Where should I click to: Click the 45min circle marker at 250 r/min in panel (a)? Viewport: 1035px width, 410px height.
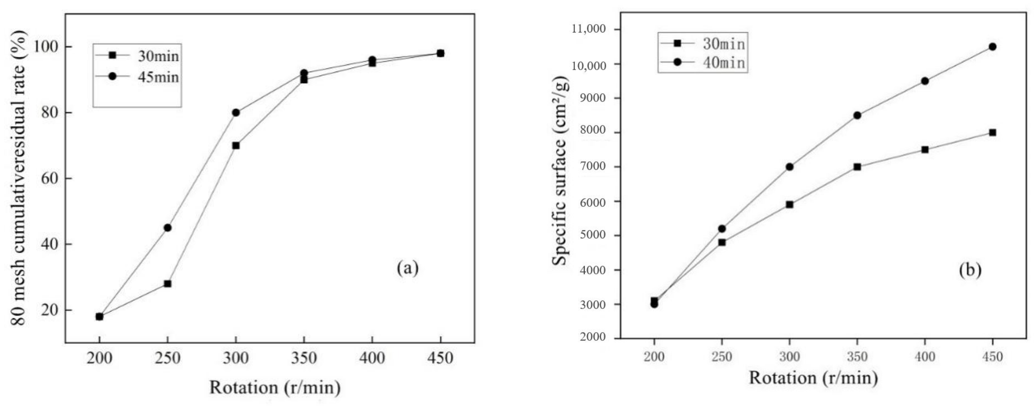[168, 228]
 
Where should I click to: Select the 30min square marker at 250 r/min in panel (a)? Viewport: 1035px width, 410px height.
[168, 283]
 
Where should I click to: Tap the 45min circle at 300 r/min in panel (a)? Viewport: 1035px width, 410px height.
[236, 113]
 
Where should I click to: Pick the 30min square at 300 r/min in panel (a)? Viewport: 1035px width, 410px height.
[236, 145]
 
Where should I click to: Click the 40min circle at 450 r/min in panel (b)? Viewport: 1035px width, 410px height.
[992, 47]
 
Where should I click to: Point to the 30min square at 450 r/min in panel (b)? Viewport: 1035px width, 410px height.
[992, 133]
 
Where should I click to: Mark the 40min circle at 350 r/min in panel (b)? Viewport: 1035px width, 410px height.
[857, 115]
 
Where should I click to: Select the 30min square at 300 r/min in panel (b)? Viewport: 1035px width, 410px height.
[790, 204]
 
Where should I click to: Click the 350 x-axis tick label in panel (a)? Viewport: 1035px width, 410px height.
[304, 357]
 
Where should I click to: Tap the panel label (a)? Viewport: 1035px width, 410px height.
[407, 268]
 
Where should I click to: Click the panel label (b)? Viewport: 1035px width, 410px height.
[970, 270]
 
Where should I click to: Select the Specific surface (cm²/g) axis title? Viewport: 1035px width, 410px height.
[560, 177]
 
